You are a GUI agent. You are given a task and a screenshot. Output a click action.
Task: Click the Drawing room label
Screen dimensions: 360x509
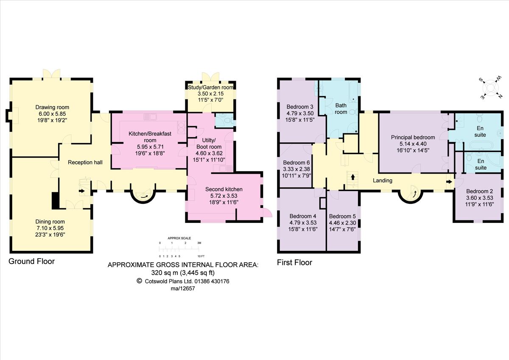coord(52,107)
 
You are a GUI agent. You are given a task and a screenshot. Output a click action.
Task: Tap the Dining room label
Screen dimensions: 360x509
coord(50,221)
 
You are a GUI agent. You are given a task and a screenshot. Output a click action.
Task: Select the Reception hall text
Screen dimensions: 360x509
coord(85,162)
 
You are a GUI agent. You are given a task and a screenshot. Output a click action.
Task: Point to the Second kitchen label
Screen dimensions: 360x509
coord(224,189)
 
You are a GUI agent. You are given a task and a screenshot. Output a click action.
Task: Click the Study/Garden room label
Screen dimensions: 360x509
coord(211,87)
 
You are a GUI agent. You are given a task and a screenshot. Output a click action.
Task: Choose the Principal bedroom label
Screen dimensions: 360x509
coord(413,137)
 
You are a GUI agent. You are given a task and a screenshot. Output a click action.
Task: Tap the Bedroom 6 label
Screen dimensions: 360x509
coord(296,163)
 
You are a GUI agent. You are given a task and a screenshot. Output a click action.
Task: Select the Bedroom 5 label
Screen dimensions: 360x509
coord(342,216)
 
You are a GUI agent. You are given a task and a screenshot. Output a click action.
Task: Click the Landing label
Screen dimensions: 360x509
coord(382,180)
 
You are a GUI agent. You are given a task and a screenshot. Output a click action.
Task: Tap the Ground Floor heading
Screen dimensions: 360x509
coord(32,262)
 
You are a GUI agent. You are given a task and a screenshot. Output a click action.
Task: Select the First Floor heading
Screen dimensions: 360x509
coord(294,262)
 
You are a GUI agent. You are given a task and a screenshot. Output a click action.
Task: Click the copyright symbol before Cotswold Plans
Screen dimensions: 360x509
coord(139,281)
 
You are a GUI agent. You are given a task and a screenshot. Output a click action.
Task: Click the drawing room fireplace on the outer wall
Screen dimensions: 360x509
coord(8,115)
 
